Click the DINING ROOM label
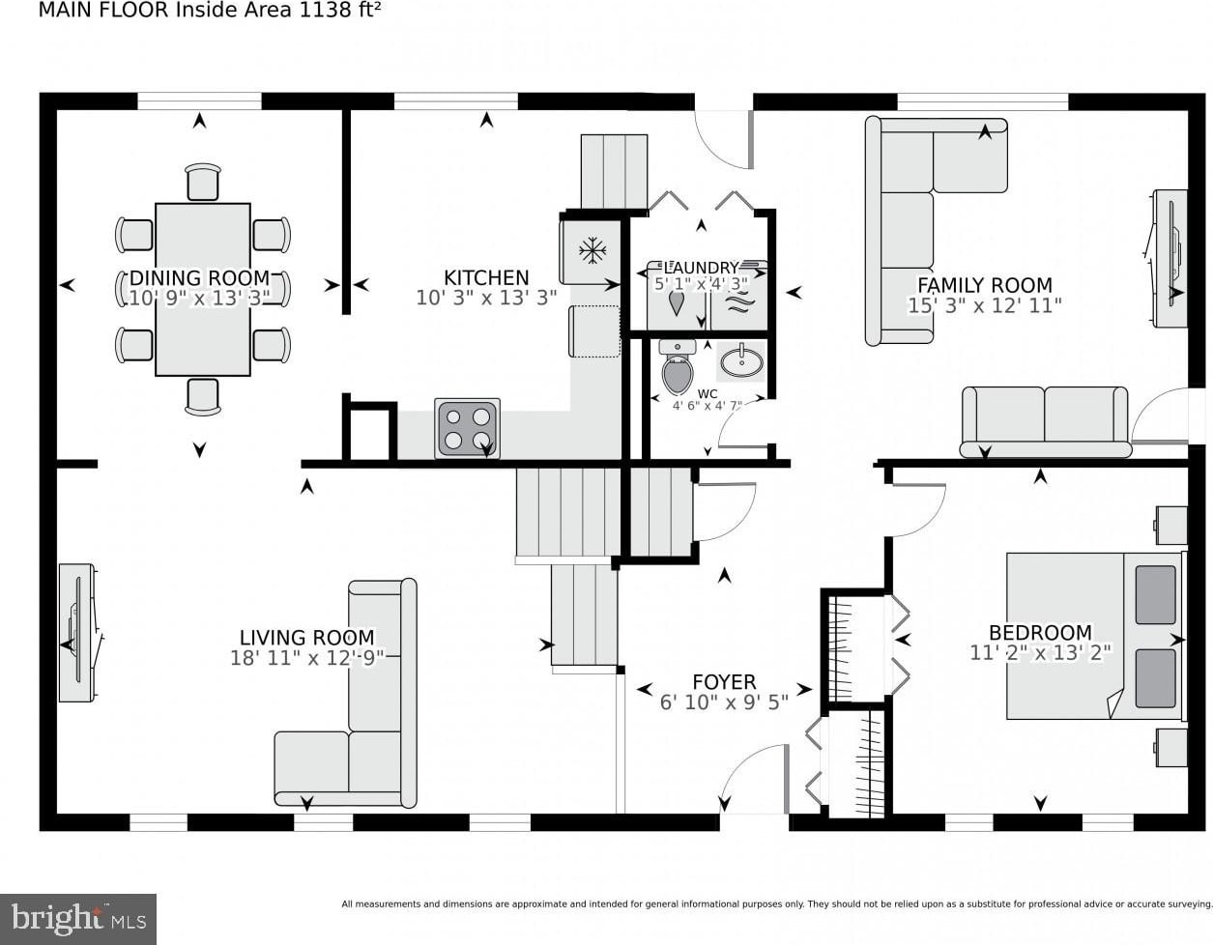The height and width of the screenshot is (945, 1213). coord(200,278)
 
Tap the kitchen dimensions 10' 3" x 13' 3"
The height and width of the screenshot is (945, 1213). coord(486,298)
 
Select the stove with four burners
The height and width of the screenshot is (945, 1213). coord(468,428)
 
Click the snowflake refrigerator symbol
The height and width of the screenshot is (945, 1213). coord(591,251)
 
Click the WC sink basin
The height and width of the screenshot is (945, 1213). coord(741,362)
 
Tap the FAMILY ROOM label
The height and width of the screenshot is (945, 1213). coord(984,285)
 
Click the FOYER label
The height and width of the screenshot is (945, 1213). coord(724,682)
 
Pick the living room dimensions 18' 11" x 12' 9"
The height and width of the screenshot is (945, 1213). coord(306,658)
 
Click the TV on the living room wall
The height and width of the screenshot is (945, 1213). coord(76,632)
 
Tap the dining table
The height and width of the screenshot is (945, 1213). coord(202,289)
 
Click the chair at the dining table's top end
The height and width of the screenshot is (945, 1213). coord(203,182)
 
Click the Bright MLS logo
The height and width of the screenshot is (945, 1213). coord(78,918)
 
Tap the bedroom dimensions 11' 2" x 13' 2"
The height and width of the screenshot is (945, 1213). coord(1040,653)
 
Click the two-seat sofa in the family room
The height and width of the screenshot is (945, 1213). coord(1045,420)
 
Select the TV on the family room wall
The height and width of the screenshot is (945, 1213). coord(1170,258)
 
